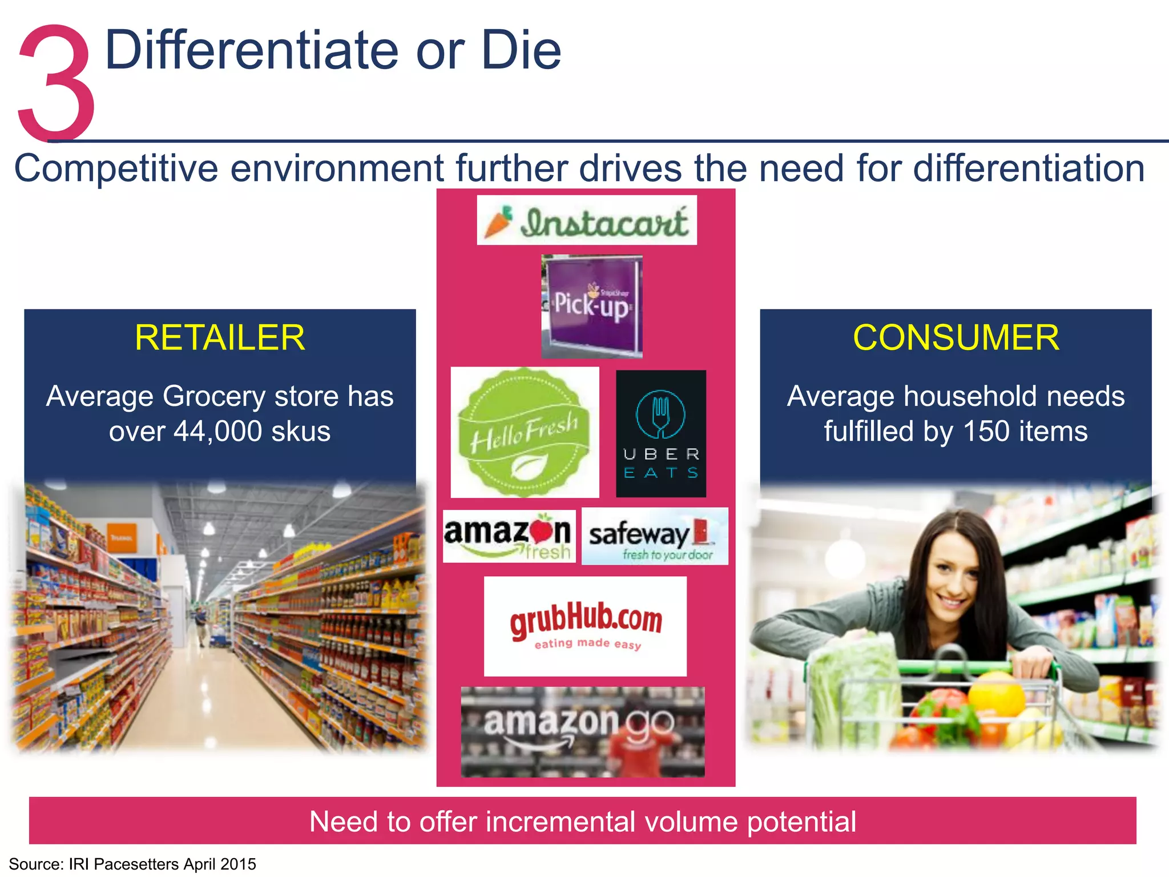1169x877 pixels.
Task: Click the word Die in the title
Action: [521, 51]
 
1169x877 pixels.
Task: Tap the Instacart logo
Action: [587, 221]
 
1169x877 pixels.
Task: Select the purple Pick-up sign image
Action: [592, 306]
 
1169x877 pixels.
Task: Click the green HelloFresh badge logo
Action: [525, 433]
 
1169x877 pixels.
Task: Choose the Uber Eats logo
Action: [661, 434]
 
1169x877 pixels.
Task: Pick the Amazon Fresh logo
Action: [509, 537]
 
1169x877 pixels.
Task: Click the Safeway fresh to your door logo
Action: [654, 537]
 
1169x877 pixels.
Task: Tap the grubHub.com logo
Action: [586, 626]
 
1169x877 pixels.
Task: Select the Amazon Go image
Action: [583, 731]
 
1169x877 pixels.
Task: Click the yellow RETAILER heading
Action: [220, 337]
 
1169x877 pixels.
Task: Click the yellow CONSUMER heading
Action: [956, 337]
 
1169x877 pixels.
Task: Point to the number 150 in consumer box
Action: [986, 432]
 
